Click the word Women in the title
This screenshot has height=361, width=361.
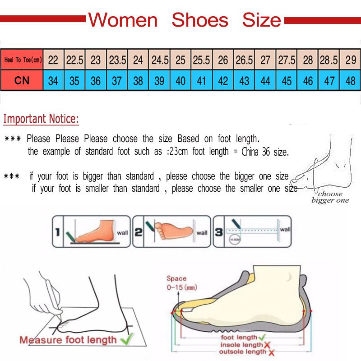(123, 20)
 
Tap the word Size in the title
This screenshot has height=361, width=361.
(261, 20)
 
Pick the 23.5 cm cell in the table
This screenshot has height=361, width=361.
(117, 60)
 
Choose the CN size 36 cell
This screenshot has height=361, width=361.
(96, 81)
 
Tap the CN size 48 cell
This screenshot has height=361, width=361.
(350, 81)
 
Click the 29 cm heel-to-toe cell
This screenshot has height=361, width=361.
(350, 60)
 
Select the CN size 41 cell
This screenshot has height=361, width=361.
(202, 81)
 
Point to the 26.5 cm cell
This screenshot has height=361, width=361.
(244, 60)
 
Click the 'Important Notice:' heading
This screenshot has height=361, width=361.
(41, 120)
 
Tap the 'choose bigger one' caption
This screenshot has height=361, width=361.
(330, 197)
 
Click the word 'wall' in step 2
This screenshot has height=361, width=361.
(202, 232)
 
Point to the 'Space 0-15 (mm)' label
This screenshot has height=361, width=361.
(181, 283)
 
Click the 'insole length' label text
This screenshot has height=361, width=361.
(241, 345)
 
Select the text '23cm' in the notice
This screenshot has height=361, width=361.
(177, 152)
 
